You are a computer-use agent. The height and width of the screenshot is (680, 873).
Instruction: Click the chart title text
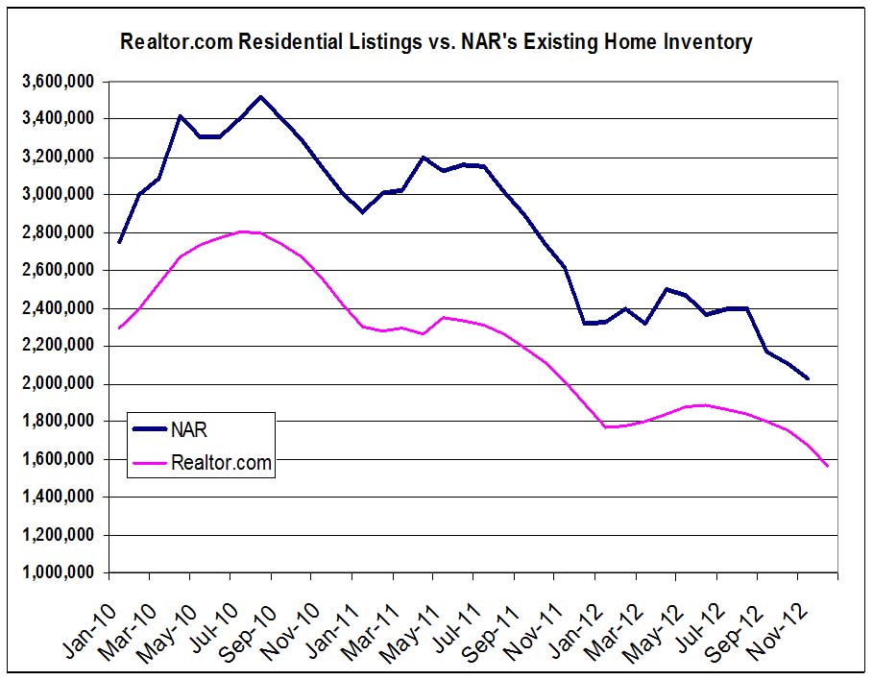point(435,42)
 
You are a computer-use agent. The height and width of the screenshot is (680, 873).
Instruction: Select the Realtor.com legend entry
point(221,463)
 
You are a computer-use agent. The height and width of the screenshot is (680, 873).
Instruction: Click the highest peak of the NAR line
point(261,97)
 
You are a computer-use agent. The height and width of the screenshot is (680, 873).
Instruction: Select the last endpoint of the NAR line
point(808,378)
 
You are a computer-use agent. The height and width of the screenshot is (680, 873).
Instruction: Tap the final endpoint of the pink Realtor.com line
point(827,466)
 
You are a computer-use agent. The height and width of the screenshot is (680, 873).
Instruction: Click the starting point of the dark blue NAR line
point(119,242)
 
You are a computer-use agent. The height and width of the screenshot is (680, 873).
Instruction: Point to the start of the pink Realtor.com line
point(119,328)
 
